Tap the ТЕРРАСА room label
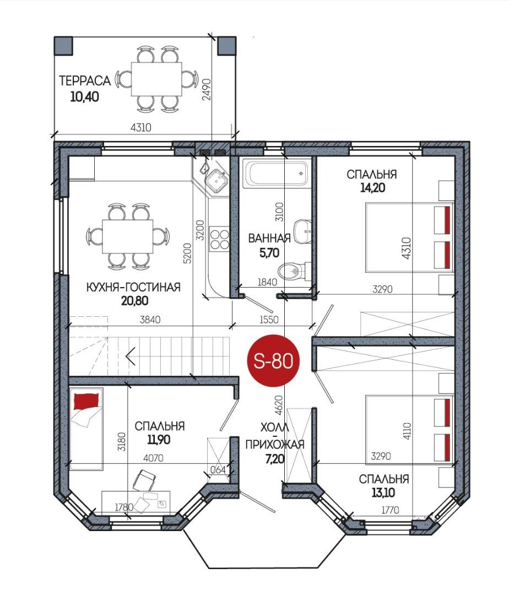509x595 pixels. (85, 81)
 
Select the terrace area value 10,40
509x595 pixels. (85, 97)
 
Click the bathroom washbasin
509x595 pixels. (302, 231)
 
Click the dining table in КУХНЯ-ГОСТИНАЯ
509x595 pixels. (127, 236)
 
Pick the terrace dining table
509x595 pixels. (156, 79)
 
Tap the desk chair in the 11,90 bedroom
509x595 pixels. (144, 480)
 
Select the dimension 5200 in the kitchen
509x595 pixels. (187, 253)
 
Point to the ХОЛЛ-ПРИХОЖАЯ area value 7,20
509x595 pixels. (274, 459)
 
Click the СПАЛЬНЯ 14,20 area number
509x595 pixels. (372, 187)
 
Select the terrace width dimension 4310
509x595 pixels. (140, 127)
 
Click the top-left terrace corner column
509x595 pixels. (63, 46)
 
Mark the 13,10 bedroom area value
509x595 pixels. (383, 493)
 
